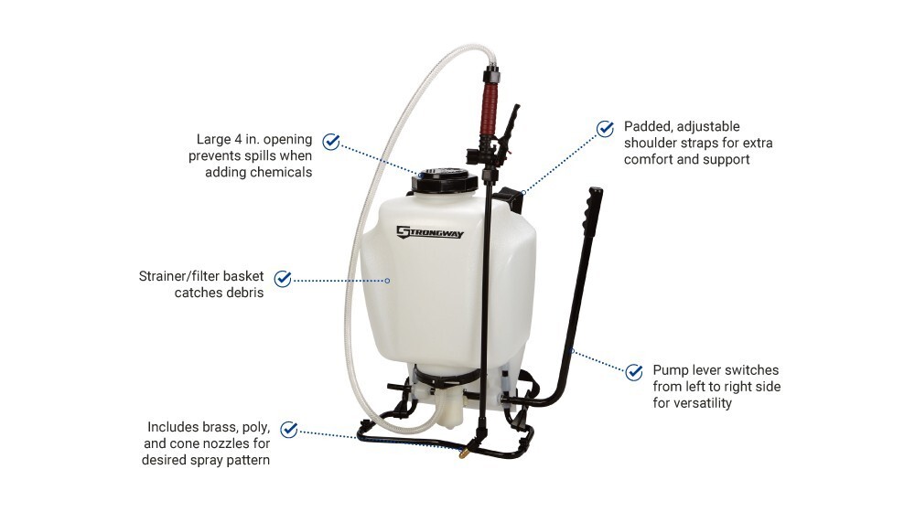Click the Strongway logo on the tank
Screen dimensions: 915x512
429,232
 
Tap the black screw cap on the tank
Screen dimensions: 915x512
444,179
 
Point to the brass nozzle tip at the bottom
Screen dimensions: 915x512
464,453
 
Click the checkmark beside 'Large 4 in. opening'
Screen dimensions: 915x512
331,142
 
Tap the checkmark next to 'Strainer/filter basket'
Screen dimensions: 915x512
283,279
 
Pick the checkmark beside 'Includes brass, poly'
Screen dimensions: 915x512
289,430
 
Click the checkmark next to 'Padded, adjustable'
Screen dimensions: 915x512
605,128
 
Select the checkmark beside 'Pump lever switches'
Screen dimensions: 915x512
634,371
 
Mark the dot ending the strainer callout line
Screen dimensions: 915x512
387,281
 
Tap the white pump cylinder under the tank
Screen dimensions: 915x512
448,409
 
